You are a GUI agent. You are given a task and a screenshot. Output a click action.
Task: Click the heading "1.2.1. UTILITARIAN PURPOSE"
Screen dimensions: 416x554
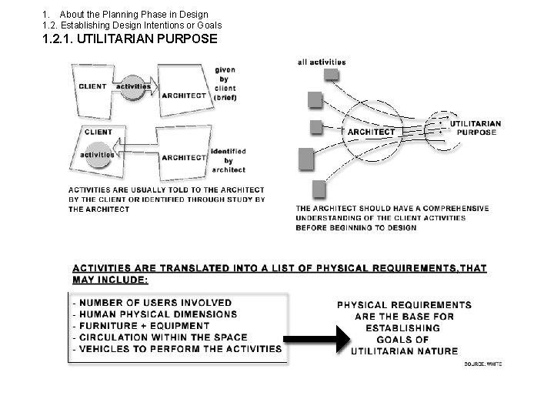pyautogui.click(x=131, y=39)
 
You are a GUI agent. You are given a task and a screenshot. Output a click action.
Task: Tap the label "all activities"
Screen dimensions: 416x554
pyautogui.click(x=322, y=62)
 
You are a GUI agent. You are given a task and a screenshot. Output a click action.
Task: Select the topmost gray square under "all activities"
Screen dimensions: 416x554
pyautogui.click(x=331, y=74)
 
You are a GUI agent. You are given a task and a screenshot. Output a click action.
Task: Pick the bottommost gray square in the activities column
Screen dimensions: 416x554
pyautogui.click(x=318, y=190)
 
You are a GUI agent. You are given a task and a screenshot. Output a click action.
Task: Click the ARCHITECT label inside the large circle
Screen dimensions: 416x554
pyautogui.click(x=371, y=132)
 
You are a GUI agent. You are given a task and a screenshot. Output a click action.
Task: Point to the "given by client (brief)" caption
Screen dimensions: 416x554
pyautogui.click(x=225, y=84)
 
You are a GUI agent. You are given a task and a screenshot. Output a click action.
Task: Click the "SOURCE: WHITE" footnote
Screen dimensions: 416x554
pyautogui.click(x=483, y=364)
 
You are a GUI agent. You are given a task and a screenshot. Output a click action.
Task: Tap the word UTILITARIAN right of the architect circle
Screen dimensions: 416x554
pyautogui.click(x=475, y=123)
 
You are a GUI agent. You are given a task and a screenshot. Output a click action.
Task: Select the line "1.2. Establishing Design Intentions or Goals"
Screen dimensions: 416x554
pyautogui.click(x=132, y=25)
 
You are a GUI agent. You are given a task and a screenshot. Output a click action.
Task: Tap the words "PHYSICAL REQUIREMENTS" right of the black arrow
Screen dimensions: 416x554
pyautogui.click(x=404, y=304)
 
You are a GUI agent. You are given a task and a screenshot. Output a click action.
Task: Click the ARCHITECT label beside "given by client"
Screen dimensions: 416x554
pyautogui.click(x=183, y=95)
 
